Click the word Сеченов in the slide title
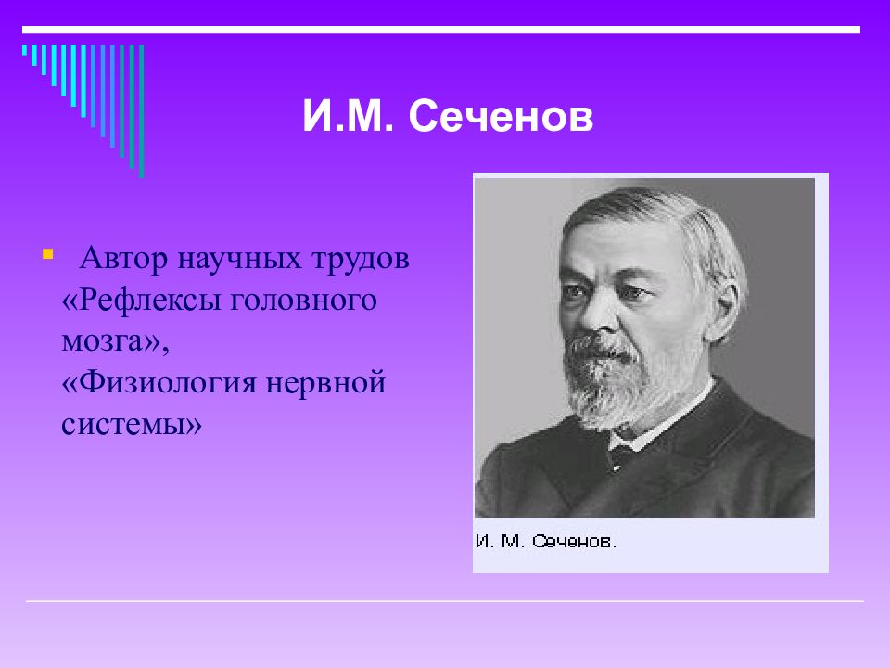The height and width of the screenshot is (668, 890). coord(501,117)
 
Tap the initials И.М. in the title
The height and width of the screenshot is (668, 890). coord(348,117)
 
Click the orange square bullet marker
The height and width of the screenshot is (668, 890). coord(47,253)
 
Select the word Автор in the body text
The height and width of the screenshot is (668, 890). coord(123,259)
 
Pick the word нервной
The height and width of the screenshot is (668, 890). coord(325,383)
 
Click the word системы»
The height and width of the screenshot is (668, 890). coord(131,424)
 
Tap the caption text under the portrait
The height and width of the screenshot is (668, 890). coord(545,541)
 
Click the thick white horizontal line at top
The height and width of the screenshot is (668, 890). coord(441,30)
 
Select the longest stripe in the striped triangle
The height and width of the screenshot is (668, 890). coord(141,110)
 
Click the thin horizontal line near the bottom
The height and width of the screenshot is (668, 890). coord(444,601)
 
